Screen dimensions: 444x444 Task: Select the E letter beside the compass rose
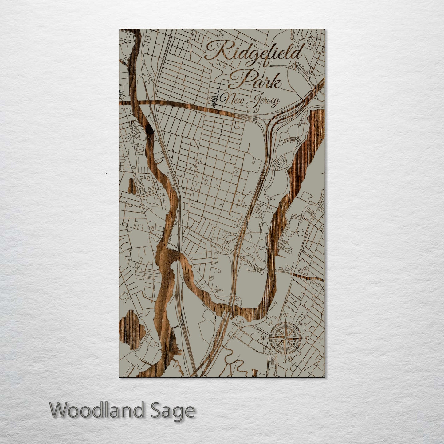(x=306, y=338)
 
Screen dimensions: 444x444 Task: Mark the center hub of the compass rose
(x=285, y=338)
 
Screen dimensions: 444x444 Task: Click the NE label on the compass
(x=300, y=323)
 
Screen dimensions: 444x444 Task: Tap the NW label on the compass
(x=270, y=323)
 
